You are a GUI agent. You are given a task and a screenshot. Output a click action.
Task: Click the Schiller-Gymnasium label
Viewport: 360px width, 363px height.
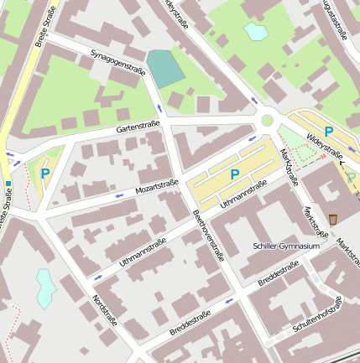point(286,246)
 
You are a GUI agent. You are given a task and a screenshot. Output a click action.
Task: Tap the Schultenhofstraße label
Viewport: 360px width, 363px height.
point(318,316)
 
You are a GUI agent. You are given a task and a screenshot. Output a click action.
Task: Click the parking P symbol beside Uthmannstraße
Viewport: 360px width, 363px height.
point(235,174)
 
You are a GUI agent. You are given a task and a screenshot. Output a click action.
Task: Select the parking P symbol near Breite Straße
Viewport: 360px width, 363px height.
point(45,174)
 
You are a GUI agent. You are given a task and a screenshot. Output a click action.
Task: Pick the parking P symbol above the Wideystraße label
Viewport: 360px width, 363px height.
point(329,132)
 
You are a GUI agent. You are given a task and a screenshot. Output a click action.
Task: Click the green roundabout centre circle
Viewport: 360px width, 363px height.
point(268,121)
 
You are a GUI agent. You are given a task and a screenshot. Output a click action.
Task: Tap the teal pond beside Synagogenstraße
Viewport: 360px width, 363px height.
point(166,67)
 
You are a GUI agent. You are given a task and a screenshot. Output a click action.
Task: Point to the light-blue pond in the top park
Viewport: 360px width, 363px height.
point(253,32)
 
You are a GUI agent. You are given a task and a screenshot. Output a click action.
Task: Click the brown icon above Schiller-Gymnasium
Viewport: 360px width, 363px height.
point(333,219)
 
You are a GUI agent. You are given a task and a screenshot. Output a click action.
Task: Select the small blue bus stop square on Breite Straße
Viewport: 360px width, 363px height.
point(8,184)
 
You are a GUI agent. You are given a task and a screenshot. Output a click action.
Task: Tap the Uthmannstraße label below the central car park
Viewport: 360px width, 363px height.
point(243,194)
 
